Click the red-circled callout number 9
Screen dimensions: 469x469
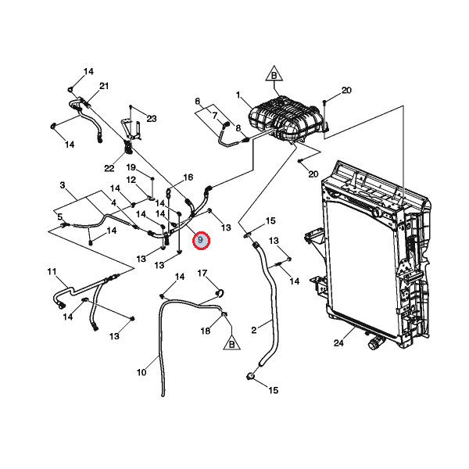201,241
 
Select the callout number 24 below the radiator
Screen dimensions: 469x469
338,343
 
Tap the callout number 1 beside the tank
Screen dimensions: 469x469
238,95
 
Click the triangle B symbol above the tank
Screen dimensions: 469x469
274,73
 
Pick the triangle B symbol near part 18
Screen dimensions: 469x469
232,342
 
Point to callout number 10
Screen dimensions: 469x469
141,372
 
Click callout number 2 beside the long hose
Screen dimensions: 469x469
253,330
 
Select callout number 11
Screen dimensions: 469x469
52,271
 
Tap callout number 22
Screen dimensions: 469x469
109,168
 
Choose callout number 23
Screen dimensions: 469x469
152,119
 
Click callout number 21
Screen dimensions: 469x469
104,86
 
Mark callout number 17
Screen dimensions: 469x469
202,273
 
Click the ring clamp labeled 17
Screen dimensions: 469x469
220,293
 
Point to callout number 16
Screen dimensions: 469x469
188,177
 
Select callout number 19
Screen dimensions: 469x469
131,167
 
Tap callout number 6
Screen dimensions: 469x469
198,102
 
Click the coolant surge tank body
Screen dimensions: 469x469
285,120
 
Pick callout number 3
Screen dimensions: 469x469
63,185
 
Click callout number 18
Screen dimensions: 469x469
206,331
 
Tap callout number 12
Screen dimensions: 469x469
131,180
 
